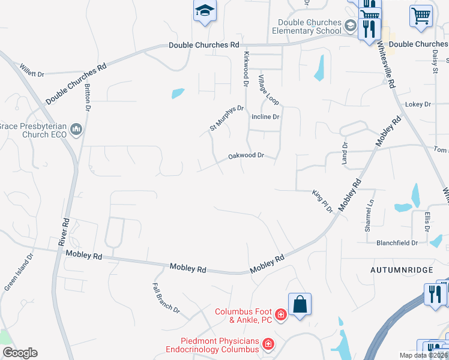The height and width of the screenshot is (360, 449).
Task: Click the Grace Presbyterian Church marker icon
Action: tap(76, 130)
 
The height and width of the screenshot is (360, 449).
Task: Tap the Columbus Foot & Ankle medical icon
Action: tap(280, 314)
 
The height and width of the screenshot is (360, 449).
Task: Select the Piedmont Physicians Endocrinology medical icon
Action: tap(268, 344)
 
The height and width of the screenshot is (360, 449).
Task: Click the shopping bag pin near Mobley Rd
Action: tap(300, 304)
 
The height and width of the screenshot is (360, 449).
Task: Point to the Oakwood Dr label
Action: tap(246, 156)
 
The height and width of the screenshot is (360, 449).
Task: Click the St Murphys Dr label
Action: tap(226, 118)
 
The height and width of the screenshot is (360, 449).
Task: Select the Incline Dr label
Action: tap(266, 116)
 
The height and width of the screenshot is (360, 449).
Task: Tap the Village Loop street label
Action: tap(268, 89)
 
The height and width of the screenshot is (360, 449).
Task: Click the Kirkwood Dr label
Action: tap(246, 68)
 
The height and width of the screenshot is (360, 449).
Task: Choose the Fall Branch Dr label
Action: tap(166, 298)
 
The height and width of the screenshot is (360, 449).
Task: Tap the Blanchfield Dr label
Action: tap(397, 243)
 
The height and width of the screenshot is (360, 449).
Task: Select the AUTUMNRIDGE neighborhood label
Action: tap(401, 270)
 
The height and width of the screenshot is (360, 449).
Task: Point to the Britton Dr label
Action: tap(87, 97)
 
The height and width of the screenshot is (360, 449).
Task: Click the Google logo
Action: tap(20, 353)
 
